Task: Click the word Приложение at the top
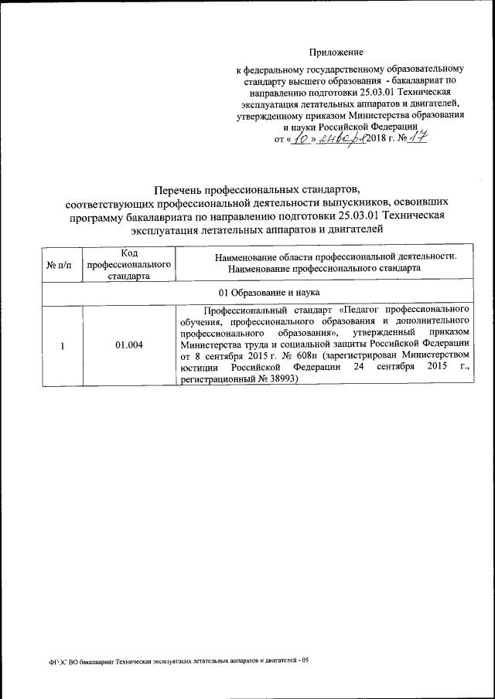pyautogui.click(x=336, y=53)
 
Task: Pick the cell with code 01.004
pyautogui.click(x=128, y=345)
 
